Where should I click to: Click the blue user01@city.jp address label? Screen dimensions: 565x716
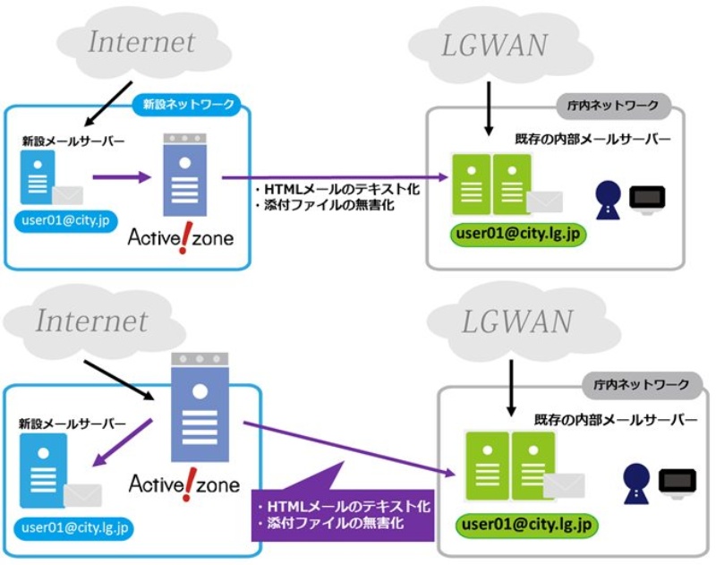point(66,219)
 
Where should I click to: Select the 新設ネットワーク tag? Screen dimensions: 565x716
point(189,105)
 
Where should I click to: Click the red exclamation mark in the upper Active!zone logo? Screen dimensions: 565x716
point(183,240)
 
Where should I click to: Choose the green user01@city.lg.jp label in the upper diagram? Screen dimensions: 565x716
point(518,235)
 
